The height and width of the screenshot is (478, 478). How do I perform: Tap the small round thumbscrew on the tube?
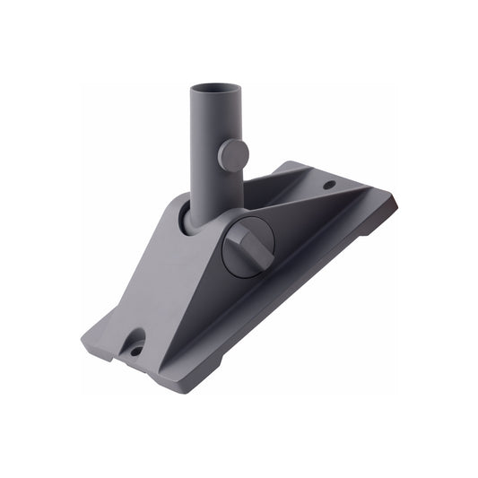tap(234, 155)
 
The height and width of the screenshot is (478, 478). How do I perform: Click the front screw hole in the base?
tap(136, 351)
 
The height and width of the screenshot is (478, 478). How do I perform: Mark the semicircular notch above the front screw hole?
tap(135, 337)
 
